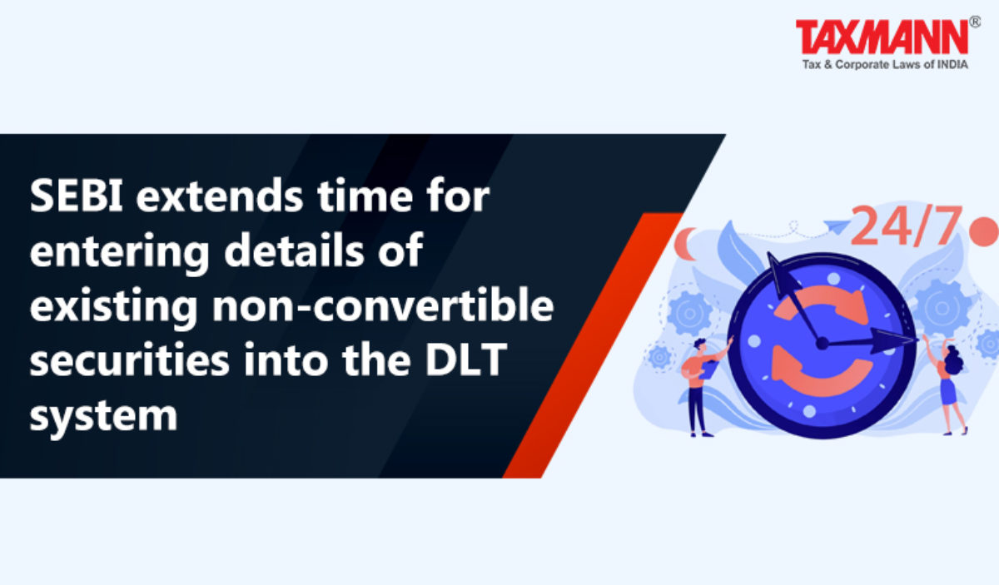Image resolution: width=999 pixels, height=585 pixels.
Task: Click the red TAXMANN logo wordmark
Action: pyautogui.click(x=882, y=37)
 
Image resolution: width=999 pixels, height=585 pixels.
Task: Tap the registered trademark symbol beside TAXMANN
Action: pyautogui.click(x=976, y=22)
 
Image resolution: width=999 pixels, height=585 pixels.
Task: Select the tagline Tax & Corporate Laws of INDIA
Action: pyautogui.click(x=885, y=65)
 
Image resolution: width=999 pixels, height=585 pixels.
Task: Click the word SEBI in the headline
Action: pyautogui.click(x=77, y=196)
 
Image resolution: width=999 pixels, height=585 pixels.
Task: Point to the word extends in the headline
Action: pyautogui.click(x=220, y=196)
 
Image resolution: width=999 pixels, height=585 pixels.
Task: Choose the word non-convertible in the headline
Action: pyautogui.click(x=383, y=305)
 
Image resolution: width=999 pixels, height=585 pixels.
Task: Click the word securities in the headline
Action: pyautogui.click(x=129, y=359)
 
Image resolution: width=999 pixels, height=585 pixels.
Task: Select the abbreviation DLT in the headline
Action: pyautogui.click(x=466, y=359)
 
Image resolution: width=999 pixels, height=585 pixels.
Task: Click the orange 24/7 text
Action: pyautogui.click(x=906, y=226)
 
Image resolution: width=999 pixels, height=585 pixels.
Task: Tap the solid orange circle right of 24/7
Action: pyautogui.click(x=984, y=231)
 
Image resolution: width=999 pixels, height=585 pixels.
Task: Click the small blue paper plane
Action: pyautogui.click(x=837, y=226)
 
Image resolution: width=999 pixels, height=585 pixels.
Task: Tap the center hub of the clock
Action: pyautogui.click(x=822, y=344)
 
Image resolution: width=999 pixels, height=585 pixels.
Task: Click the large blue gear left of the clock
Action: pyautogui.click(x=689, y=314)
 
